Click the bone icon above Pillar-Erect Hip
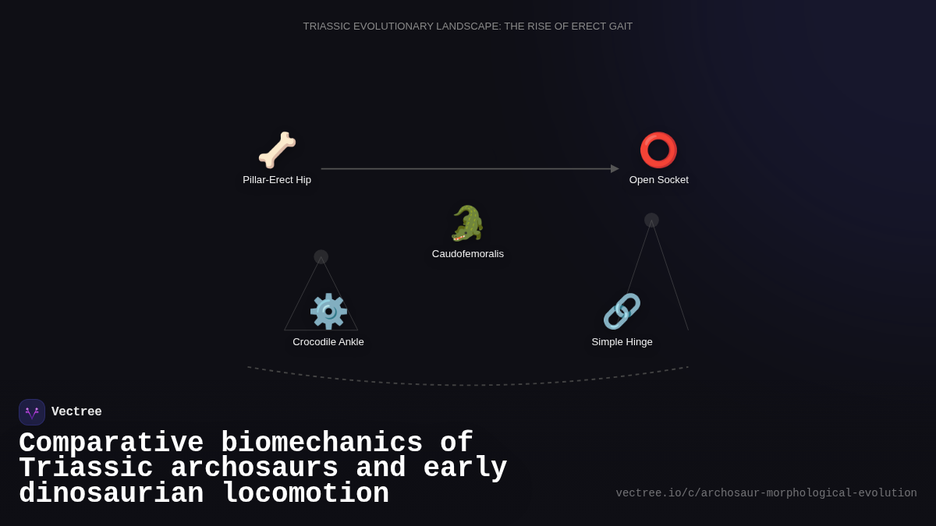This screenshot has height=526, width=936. (277, 150)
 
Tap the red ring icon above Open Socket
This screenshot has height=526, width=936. (658, 150)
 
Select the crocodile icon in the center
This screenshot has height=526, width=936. (468, 224)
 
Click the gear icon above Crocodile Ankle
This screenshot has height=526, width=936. (328, 312)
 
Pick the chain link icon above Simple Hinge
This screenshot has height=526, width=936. (622, 312)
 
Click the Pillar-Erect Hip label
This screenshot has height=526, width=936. (277, 180)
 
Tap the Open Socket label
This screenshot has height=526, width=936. (659, 180)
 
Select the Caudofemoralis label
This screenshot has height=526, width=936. (468, 254)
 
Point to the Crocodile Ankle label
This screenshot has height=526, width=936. (328, 342)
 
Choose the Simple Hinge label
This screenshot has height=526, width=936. (622, 342)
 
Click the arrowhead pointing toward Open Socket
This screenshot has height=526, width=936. (615, 169)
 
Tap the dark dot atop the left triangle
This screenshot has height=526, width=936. (321, 257)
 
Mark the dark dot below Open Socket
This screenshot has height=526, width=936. (651, 221)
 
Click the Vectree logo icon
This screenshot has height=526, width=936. (32, 412)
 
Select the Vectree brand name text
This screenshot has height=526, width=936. (76, 412)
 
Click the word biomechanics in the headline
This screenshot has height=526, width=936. (321, 443)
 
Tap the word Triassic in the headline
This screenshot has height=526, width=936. (86, 468)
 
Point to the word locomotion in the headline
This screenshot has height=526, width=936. (305, 494)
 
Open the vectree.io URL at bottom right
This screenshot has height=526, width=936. (766, 493)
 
